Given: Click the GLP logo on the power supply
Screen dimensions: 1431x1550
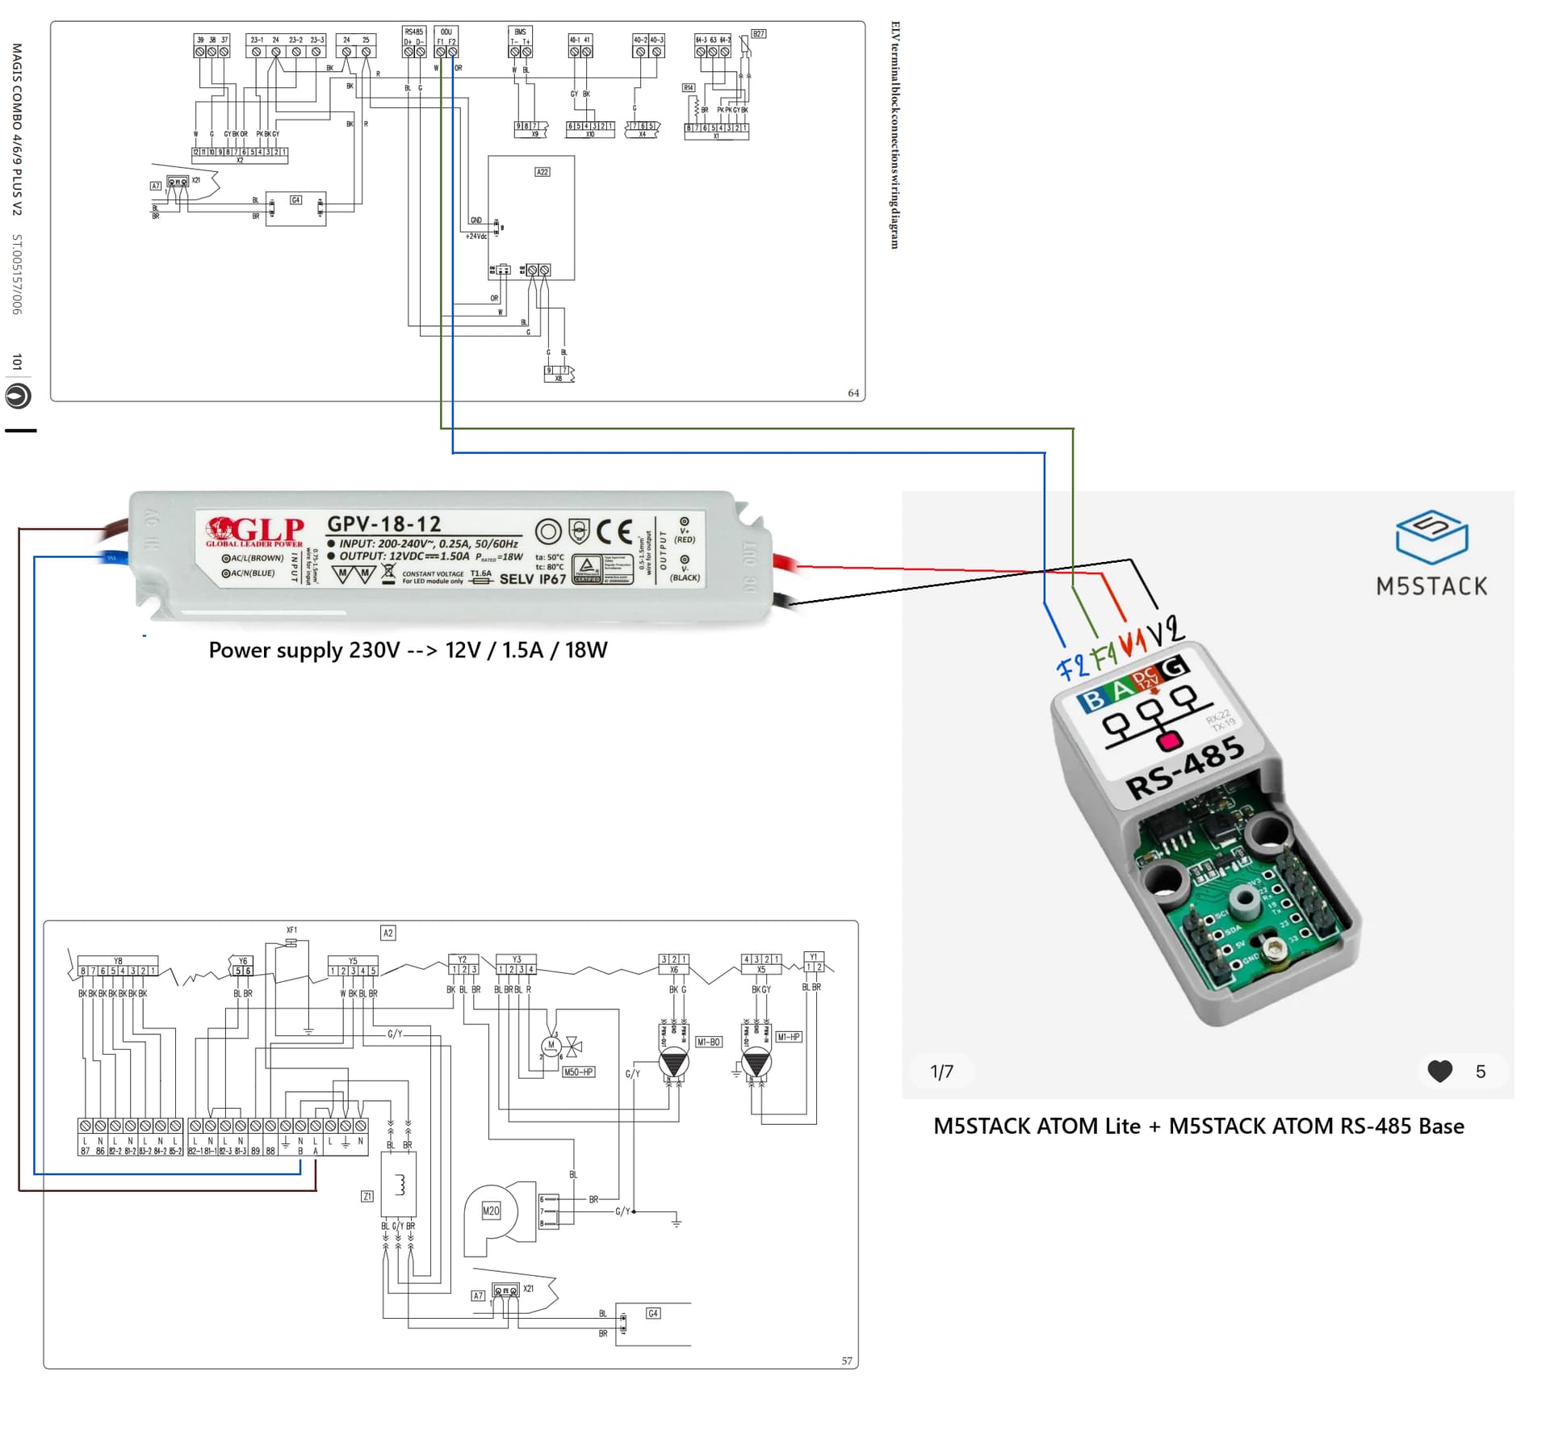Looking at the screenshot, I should click(255, 531).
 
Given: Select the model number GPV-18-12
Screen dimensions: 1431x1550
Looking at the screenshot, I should click(383, 523).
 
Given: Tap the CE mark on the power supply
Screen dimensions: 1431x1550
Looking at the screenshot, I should click(614, 531).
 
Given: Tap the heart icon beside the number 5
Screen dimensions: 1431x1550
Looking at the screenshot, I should click(1439, 1071).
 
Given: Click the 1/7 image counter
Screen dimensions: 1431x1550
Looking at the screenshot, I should click(941, 1072).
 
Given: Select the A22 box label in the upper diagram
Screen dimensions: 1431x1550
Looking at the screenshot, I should click(542, 172).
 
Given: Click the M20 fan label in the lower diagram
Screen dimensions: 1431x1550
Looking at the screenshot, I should click(491, 1211).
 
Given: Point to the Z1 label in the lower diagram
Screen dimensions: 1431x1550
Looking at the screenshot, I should click(367, 1196).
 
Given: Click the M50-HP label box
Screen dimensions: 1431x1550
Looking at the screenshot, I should click(578, 1072).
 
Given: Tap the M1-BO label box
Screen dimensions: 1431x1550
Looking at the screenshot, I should click(708, 1042).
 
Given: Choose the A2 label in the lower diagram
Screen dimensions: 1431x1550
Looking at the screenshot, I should click(387, 933).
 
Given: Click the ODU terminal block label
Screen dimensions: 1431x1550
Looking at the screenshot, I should click(446, 32).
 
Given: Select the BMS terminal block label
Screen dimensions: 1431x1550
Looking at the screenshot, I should click(520, 32).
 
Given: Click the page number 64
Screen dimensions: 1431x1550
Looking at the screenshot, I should click(853, 393).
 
